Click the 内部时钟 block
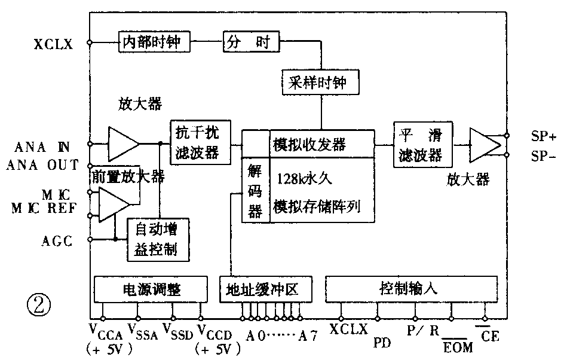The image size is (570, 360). tap(154, 42)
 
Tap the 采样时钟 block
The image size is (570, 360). tap(321, 83)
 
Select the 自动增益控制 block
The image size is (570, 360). tap(159, 239)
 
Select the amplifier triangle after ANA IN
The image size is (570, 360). tap(122, 143)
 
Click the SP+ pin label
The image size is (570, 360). tap(544, 136)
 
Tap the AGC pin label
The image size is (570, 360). tap(57, 241)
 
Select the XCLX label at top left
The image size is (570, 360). tap(54, 43)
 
